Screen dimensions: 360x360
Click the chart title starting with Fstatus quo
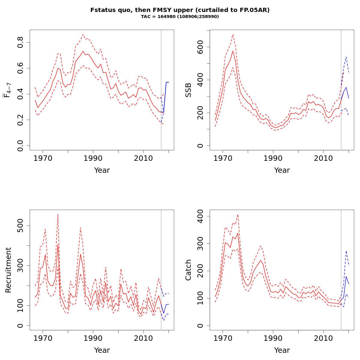(180, 10)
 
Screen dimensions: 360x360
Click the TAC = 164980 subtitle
(180, 16)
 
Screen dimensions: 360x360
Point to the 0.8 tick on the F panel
(20, 42)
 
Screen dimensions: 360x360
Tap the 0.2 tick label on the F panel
(20, 120)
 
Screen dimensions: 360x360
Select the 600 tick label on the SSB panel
(200, 47)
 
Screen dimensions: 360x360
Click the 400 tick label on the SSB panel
(200, 80)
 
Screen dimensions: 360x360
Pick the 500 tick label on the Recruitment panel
(20, 226)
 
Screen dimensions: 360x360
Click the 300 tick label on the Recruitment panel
(20, 265)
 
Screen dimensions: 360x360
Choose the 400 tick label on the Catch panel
(200, 216)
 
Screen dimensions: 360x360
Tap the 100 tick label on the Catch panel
(200, 298)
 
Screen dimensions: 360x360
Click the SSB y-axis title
(188, 90)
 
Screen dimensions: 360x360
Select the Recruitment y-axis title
(8, 270)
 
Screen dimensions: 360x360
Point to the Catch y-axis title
(188, 270)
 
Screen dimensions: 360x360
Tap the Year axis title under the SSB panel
(282, 170)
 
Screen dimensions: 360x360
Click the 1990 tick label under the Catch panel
(273, 338)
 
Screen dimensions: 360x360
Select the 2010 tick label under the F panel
(143, 158)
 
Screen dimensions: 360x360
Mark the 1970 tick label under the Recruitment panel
(43, 338)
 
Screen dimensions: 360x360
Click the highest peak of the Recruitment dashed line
(58, 214)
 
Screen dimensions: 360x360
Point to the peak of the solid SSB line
(233, 51)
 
